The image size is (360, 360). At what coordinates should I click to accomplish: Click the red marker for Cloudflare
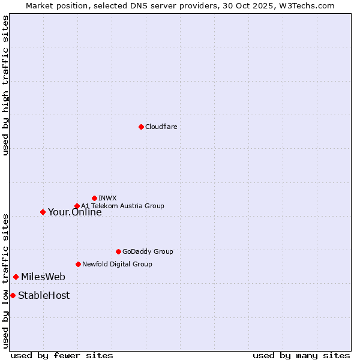point(141,127)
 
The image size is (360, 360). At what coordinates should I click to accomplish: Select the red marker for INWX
point(94,198)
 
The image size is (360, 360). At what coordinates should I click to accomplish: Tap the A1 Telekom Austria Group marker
point(77,206)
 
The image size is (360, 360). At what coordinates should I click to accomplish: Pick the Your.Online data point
point(43,212)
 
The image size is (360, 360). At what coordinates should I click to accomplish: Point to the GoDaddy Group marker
point(118,251)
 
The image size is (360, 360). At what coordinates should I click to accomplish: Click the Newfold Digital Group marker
point(78,264)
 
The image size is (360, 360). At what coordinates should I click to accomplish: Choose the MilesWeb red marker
point(16,277)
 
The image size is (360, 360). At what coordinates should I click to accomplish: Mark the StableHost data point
point(13,295)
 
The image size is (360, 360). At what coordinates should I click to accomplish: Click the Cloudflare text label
point(161,127)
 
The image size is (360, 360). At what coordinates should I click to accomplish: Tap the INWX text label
point(108,198)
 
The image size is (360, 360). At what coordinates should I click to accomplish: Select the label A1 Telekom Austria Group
point(123,206)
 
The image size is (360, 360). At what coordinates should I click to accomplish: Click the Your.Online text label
point(75,212)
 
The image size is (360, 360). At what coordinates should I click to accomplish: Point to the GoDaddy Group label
point(148,251)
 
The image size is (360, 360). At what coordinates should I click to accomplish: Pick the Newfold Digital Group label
point(117,264)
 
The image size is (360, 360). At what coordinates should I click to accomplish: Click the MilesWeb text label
point(43,277)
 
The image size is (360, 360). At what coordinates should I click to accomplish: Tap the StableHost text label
point(44,295)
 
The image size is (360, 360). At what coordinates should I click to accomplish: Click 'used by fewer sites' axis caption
point(62,356)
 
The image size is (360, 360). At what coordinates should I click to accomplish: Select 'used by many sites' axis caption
point(301,356)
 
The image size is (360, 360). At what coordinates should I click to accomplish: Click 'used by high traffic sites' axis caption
point(6,85)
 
